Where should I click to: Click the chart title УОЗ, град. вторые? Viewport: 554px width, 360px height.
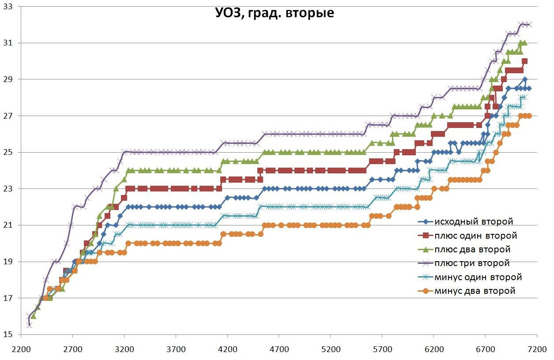274,13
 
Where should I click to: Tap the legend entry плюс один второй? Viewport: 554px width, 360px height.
475,236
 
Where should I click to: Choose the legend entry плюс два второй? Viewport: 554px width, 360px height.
472,250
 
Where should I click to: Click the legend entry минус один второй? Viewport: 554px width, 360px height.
478,277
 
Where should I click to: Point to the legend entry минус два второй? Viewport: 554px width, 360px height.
475,291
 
